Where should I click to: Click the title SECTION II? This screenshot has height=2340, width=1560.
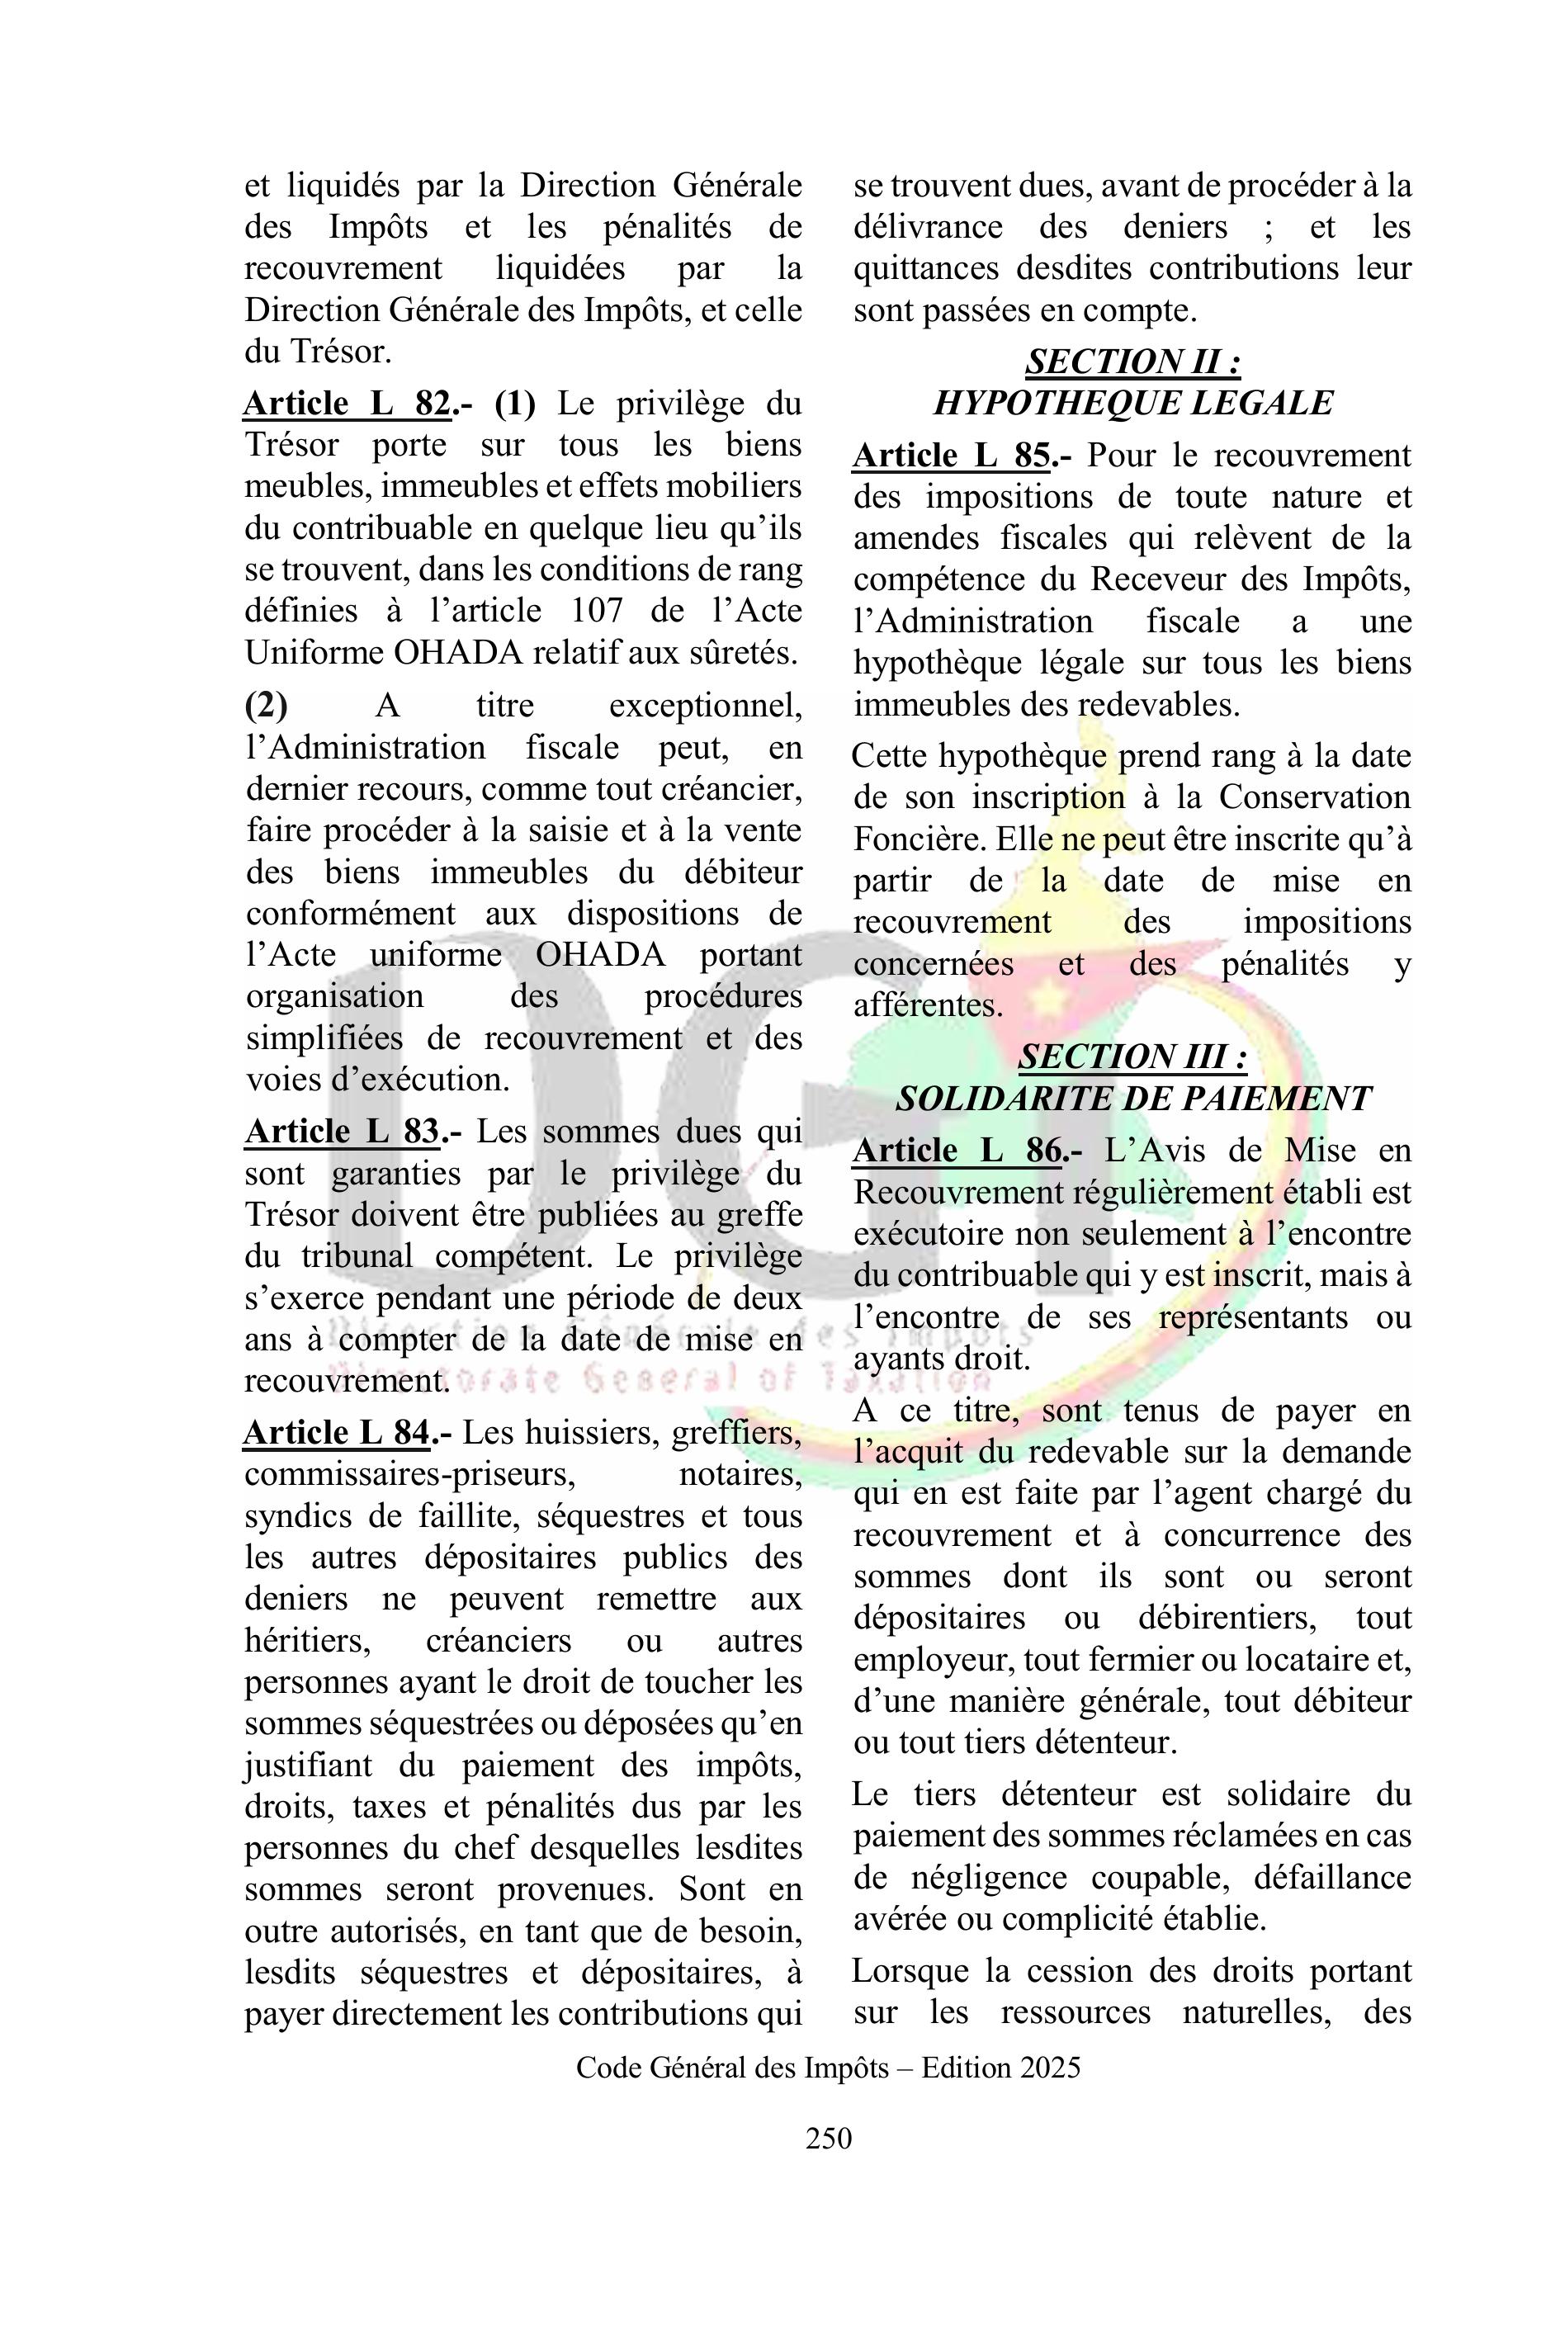(x=1132, y=362)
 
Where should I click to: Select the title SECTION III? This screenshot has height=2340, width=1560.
(x=1132, y=1057)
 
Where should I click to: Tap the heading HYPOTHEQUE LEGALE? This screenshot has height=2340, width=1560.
(x=1132, y=403)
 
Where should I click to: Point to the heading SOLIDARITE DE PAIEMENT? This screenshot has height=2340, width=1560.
(x=1132, y=1099)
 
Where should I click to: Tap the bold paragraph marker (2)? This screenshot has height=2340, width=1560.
(x=266, y=706)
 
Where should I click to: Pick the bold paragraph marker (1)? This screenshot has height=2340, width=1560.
(x=514, y=404)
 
